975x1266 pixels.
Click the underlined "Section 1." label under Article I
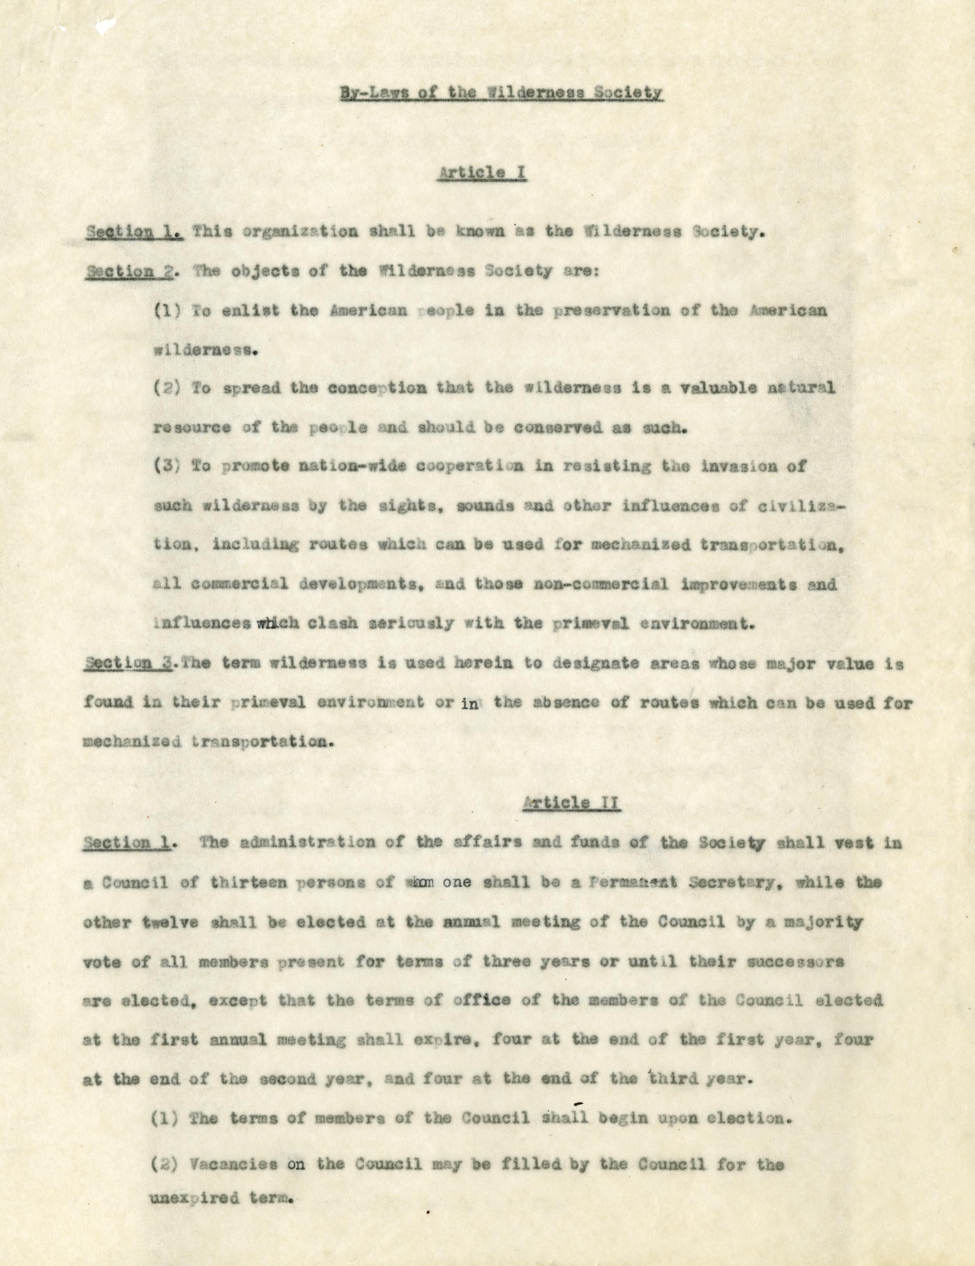click(134, 232)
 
